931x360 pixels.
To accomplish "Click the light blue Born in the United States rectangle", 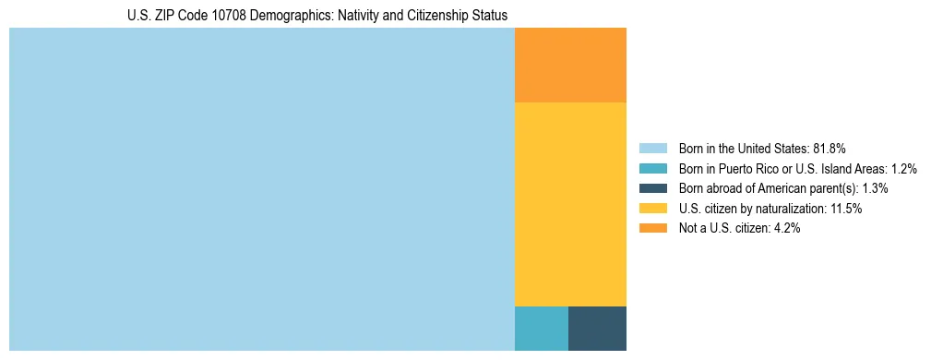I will (261, 189).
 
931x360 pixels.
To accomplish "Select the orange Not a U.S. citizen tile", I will (570, 65).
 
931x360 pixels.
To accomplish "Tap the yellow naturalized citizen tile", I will (570, 203).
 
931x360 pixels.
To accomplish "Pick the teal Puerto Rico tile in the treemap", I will (541, 328).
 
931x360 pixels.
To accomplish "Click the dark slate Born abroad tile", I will (597, 328).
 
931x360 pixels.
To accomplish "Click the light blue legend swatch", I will (652, 148).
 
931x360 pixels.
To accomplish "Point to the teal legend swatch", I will (652, 168).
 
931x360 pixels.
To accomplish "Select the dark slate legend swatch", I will (652, 188).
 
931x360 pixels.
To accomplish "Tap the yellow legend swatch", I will (652, 209).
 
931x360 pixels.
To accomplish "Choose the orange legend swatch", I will (652, 228).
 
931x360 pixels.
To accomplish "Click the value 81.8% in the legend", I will (830, 148).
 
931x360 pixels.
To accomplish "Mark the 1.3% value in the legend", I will (875, 188).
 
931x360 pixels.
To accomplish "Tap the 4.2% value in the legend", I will (784, 229).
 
